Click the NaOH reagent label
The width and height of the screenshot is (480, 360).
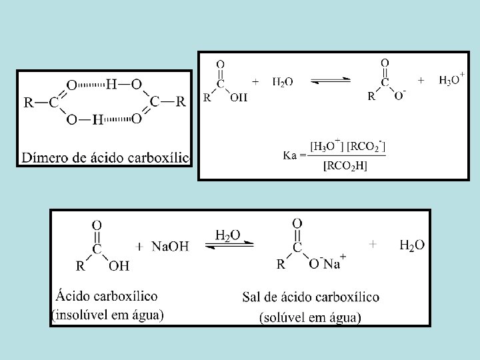pos(171,247)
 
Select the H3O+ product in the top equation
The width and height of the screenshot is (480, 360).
pos(451,80)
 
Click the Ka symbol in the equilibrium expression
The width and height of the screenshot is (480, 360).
pos(294,155)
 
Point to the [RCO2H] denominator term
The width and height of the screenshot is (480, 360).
pos(345,166)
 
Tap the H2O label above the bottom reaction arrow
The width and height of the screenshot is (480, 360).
pos(228,235)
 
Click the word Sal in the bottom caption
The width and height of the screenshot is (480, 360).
pos(253,297)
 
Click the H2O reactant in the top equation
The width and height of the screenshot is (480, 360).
pos(283,81)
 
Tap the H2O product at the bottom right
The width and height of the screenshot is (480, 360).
pos(412,245)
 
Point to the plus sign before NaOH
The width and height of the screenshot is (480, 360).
pos(139,247)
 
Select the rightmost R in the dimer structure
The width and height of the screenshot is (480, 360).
pos(181,102)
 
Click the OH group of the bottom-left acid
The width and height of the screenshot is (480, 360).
pos(119,267)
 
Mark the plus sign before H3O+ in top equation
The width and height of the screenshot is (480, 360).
pos(421,79)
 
